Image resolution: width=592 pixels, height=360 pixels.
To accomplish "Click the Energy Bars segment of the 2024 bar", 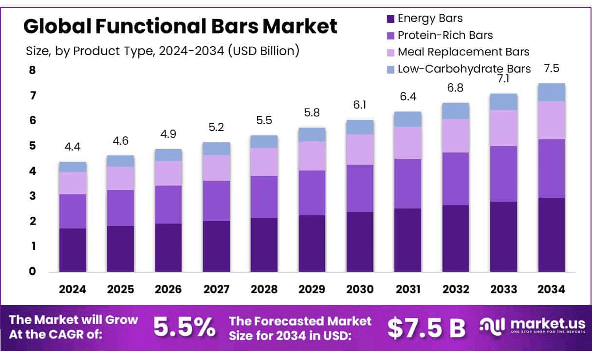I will tap(73, 250).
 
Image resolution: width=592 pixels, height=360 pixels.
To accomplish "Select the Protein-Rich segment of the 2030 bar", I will tap(360, 188).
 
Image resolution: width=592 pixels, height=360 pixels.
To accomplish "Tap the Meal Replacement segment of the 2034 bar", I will tap(552, 120).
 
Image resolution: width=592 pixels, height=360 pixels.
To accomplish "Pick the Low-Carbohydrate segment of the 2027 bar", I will tap(216, 149).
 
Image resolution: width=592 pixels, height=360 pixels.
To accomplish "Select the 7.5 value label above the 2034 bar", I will tap(552, 69).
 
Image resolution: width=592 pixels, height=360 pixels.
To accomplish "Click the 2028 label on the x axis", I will tap(264, 289).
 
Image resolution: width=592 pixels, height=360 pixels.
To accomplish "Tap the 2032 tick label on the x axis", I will tap(456, 289).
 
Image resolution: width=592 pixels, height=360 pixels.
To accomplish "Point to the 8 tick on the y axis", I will tap(33, 70).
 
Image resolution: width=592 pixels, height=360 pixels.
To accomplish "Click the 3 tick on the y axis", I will tap(33, 196).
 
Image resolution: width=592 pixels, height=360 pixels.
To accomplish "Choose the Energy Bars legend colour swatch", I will tap(390, 19).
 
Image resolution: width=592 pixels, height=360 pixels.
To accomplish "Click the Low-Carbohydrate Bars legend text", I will tap(464, 69).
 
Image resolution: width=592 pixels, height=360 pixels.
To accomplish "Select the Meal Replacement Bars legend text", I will tap(463, 52).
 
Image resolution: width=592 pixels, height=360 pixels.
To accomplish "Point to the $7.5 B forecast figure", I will tap(426, 328).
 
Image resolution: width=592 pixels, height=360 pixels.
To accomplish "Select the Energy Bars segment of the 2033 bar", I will tap(503, 237).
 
